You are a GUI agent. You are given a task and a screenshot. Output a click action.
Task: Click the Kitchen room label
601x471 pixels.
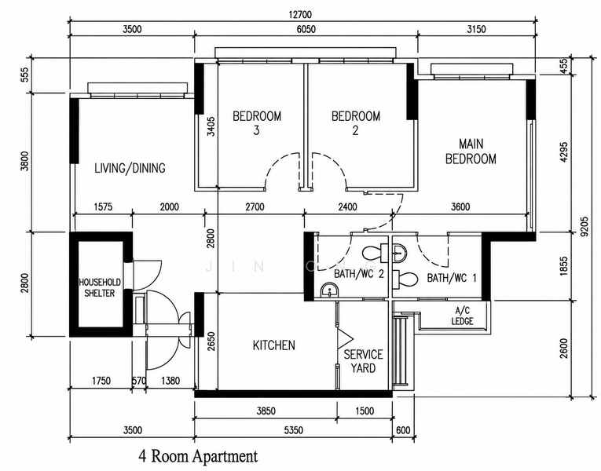(x=273, y=345)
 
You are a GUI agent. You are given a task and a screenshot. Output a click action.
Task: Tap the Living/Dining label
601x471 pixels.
(x=130, y=168)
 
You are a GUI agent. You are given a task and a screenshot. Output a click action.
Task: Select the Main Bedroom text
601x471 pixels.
(x=471, y=152)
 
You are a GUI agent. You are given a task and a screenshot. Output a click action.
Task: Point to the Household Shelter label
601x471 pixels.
(x=100, y=287)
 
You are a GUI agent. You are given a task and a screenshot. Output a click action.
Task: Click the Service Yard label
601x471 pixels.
(x=363, y=361)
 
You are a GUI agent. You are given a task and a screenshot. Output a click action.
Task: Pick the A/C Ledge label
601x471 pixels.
(x=462, y=316)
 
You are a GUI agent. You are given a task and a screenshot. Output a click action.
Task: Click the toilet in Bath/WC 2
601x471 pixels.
(x=376, y=253)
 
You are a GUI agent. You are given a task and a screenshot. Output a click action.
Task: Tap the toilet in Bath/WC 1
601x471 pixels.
(x=405, y=279)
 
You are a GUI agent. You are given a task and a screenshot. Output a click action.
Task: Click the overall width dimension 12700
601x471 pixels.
(x=300, y=15)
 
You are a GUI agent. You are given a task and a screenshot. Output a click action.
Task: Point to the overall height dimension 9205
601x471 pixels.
(x=584, y=228)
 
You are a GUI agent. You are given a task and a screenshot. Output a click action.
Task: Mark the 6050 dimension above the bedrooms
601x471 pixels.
(x=305, y=29)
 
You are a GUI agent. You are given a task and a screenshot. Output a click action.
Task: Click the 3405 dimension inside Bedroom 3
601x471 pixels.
(x=211, y=126)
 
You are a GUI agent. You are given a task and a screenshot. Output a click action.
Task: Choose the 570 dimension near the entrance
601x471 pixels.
(x=139, y=381)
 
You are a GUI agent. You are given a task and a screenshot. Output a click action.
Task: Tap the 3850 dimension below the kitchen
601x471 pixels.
(x=266, y=411)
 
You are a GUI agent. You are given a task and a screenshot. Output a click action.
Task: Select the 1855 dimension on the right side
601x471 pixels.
(x=563, y=266)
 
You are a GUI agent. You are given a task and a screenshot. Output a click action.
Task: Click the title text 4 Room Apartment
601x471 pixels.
(x=198, y=456)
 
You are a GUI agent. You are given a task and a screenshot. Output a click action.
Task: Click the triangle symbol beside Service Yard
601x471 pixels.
(x=345, y=338)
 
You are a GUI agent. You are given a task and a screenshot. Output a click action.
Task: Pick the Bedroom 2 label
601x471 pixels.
(x=356, y=123)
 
